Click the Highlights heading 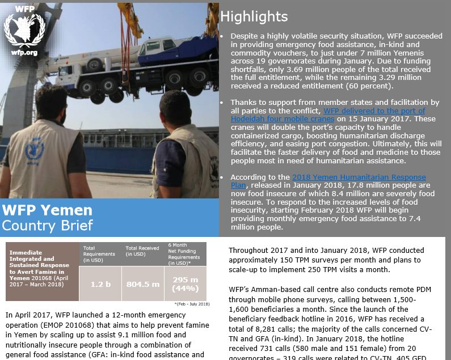(x=254, y=17)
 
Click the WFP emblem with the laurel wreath (x=24, y=29)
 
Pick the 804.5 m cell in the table (x=143, y=283)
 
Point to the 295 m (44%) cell (x=186, y=283)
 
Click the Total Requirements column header (x=98, y=254)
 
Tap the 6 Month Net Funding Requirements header (x=185, y=254)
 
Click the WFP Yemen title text (x=47, y=210)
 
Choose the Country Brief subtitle (x=47, y=226)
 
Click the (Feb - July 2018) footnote (x=192, y=304)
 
